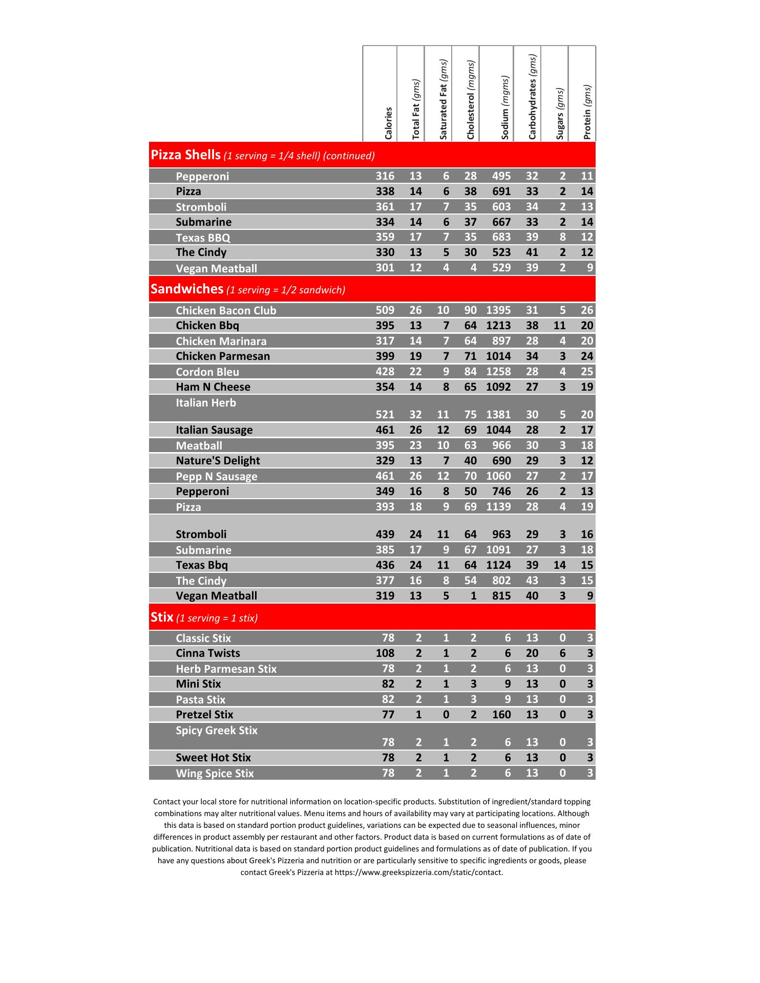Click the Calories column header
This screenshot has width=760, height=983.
[x=388, y=123]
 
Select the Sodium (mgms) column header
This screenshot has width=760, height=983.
[x=505, y=108]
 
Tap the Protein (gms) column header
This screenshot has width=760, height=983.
[x=587, y=112]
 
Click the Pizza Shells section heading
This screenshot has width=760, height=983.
[x=185, y=155]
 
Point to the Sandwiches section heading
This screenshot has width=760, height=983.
[x=187, y=289]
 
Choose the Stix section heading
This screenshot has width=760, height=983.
[x=162, y=617]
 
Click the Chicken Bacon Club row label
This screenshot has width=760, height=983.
[x=226, y=310]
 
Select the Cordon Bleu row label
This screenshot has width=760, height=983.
[x=207, y=372]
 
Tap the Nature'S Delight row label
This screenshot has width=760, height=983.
[x=218, y=460]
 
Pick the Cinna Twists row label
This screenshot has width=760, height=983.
[x=208, y=653]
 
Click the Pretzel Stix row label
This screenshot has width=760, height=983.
[x=204, y=714]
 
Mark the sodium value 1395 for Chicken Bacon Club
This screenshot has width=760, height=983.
[x=498, y=310]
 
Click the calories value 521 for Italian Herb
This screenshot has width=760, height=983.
[x=385, y=415]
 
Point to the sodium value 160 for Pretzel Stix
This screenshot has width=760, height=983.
[x=501, y=714]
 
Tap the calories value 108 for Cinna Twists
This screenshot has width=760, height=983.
[x=385, y=653]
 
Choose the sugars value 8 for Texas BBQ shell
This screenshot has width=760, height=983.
[x=562, y=237]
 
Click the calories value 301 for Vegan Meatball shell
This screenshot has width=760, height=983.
[x=385, y=267]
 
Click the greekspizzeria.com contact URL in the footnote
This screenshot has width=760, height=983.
[x=418, y=872]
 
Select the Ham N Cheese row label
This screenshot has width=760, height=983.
[x=213, y=387]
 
